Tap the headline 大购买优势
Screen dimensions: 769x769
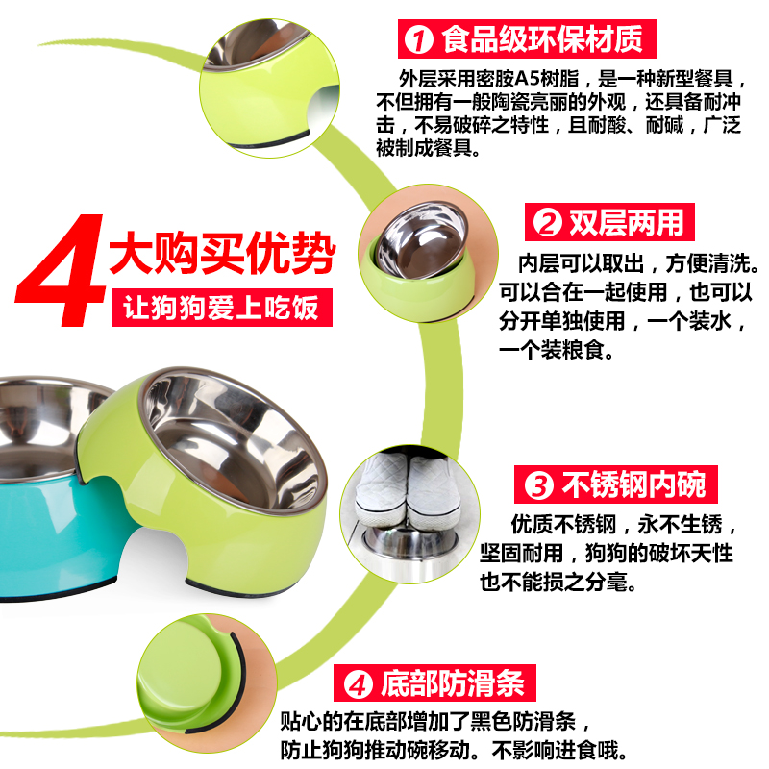pos(222,254)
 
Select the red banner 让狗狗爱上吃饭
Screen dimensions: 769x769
pos(222,308)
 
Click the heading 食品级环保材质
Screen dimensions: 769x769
pos(542,39)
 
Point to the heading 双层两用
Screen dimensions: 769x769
pos(627,222)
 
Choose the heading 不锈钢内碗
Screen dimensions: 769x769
pos(633,484)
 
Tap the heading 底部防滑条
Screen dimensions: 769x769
pos(453,683)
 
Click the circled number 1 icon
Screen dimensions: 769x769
pos(418,39)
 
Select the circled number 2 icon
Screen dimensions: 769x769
pos(547,223)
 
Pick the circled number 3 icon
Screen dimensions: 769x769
pos(539,485)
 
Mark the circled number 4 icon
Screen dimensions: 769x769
pos(358,684)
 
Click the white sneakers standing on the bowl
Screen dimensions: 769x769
pos(407,490)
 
